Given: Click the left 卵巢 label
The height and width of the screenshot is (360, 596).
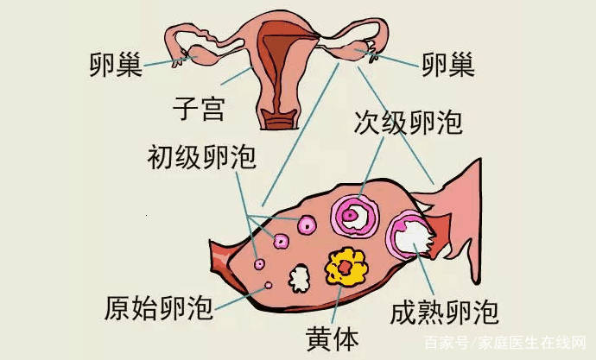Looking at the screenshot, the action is tap(116, 65).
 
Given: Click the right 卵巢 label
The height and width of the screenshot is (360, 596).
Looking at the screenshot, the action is tap(448, 65).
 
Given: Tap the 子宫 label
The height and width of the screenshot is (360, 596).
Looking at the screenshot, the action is tap(199, 108).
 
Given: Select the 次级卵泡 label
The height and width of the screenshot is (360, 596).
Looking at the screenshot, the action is tap(409, 123).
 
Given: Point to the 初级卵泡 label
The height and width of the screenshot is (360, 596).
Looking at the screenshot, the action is tap(202, 157).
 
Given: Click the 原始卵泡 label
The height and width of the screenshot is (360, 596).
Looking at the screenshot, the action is tap(159, 308).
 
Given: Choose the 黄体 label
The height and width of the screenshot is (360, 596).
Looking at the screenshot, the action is tap(333, 339).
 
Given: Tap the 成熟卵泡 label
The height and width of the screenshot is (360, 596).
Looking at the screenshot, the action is tap(444, 313).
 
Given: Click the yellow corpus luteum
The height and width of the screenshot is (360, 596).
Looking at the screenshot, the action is tap(346, 268).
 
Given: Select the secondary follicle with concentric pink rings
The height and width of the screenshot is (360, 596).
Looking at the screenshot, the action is tap(355, 217).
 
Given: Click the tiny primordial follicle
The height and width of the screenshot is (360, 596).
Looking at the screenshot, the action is tap(268, 285).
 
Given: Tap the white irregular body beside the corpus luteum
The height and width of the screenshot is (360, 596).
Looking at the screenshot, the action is tap(299, 278).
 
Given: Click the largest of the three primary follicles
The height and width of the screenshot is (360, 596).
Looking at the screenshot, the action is tap(307, 225).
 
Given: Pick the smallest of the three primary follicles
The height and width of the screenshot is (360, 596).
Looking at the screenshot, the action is tap(260, 263).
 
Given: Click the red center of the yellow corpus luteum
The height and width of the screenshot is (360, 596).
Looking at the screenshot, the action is tap(346, 268).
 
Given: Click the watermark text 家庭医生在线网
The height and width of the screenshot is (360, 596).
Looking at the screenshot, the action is tap(532, 343).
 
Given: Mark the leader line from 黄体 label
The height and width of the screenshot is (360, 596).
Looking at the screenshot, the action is tap(337, 306).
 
